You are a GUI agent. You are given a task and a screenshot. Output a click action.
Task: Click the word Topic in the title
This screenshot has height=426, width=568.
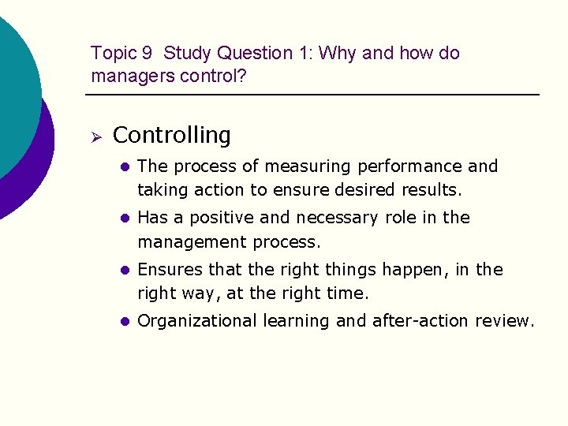[112, 54]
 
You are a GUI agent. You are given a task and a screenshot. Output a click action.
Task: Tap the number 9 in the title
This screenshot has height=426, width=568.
[148, 54]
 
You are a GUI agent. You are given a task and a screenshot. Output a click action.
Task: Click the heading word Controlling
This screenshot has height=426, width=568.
[172, 136]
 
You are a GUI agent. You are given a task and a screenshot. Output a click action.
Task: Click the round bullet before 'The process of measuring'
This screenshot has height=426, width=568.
[123, 166]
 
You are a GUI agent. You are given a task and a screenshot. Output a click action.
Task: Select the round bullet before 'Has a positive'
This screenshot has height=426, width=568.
[123, 219]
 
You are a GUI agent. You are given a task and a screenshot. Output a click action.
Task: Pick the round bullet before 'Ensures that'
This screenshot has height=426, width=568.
[123, 271]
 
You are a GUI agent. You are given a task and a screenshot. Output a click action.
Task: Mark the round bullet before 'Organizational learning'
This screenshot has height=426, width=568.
[123, 322]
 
